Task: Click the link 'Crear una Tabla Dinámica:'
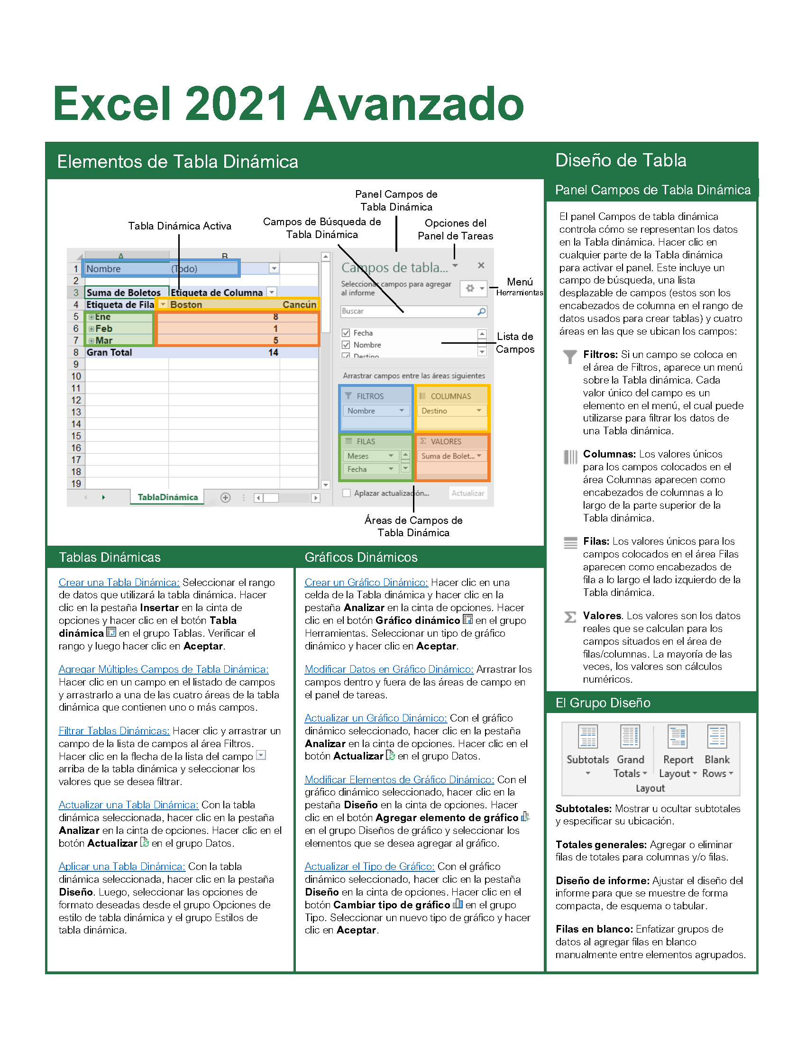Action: click(119, 582)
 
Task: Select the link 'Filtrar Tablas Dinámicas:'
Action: click(114, 731)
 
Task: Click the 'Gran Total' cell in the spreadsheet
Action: click(110, 352)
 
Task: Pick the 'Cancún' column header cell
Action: click(299, 305)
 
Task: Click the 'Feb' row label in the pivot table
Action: click(104, 329)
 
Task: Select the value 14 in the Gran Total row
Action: click(273, 352)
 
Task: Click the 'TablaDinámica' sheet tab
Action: click(167, 497)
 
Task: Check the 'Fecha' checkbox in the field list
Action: click(346, 333)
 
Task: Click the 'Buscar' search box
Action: click(408, 311)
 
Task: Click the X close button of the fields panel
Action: click(481, 265)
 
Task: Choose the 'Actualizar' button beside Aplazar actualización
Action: click(467, 494)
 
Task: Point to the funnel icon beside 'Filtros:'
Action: click(569, 356)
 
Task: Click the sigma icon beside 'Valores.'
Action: click(569, 617)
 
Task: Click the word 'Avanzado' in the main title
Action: click(414, 104)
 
